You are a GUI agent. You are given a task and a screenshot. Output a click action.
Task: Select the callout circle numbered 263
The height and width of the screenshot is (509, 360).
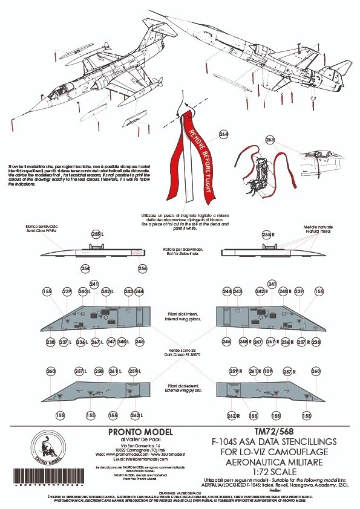coord(269,140)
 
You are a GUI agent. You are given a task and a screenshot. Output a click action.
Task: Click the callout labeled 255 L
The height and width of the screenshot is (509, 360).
coord(96,234)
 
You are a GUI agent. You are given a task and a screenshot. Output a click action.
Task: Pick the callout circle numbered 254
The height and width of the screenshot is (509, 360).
coord(85,268)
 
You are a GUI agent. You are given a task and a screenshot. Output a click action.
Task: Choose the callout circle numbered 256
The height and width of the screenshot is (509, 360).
coord(142,268)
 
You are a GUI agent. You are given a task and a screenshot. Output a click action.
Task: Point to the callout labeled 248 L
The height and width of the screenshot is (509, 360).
coord(122,342)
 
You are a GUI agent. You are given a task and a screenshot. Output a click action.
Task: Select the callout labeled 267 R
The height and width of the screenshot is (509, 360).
coord(258,342)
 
